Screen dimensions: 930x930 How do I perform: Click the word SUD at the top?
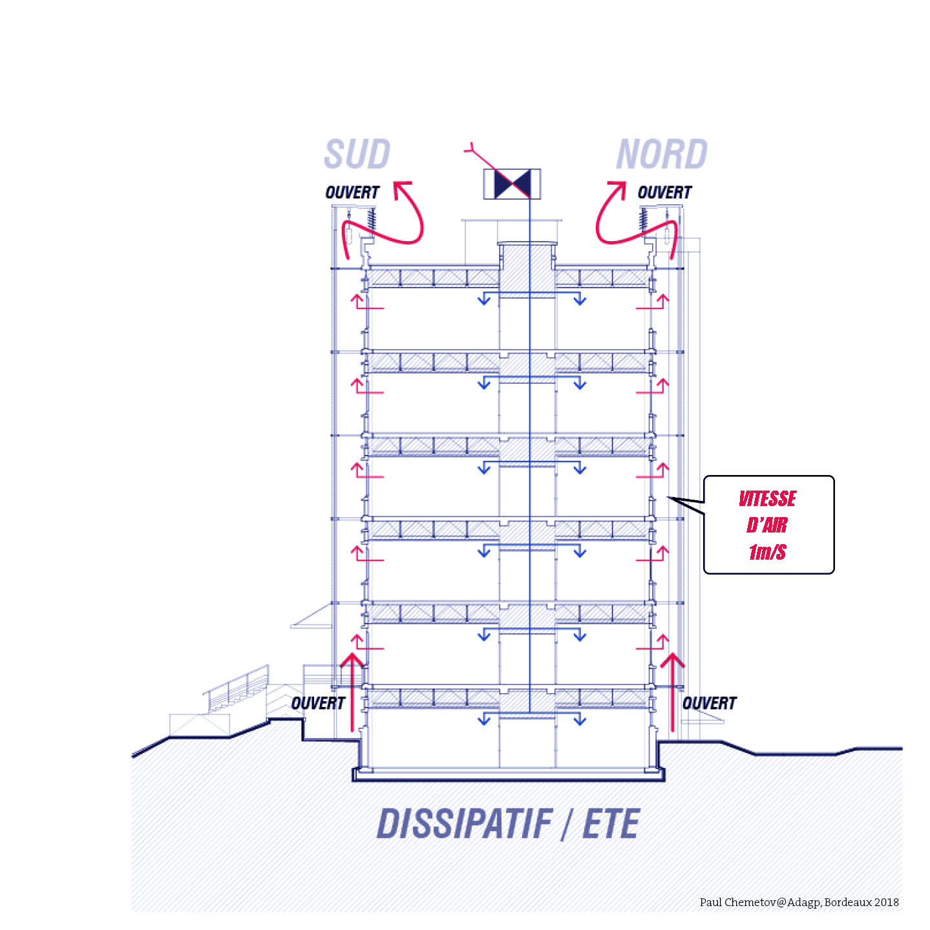357,154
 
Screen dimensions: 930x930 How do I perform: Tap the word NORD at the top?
661,154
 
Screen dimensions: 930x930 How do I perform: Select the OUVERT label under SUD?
352,193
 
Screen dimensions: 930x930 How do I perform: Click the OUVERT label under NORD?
664,193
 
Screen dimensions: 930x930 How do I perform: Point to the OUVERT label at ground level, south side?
318,703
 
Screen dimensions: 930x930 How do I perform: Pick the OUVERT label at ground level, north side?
709,703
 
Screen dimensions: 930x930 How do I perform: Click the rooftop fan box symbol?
512,184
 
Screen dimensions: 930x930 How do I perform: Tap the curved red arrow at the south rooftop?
407,220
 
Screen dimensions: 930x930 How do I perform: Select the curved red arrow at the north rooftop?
611,220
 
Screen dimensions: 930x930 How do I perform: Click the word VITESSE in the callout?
767,499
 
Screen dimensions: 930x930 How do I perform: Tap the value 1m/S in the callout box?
767,552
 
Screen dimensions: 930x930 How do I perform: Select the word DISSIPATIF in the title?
464,825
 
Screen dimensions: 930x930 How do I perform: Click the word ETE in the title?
611,825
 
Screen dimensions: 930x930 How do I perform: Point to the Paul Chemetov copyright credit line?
799,902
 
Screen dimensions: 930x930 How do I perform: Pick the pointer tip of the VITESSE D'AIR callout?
669,498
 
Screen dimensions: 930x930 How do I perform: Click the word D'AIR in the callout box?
767,525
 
